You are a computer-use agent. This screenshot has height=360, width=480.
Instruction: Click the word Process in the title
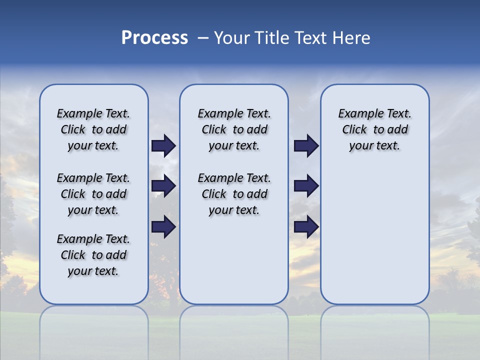click(154, 37)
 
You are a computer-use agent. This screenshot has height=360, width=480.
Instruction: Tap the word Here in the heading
click(352, 37)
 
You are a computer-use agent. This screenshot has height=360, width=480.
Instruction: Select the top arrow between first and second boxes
click(163, 145)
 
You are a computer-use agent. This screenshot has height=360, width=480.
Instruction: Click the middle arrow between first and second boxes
click(163, 186)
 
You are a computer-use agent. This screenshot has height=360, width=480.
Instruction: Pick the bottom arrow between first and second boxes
click(163, 227)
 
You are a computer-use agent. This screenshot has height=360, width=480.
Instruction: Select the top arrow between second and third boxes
click(306, 145)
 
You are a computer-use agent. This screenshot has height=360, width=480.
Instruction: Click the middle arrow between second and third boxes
click(306, 186)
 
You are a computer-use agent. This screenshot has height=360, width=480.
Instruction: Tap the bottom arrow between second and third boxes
click(306, 227)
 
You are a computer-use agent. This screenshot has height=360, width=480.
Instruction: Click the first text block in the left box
click(93, 129)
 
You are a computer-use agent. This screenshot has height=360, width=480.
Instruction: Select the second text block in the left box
click(93, 194)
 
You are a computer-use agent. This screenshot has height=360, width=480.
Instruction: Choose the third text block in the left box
click(93, 255)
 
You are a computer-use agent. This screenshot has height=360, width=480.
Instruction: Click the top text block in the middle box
click(234, 129)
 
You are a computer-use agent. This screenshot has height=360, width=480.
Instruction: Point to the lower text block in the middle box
click(234, 194)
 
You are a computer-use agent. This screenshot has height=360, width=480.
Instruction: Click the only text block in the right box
click(374, 129)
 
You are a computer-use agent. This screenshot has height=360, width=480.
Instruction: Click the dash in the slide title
click(203, 37)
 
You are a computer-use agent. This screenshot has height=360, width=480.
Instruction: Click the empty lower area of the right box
click(374, 235)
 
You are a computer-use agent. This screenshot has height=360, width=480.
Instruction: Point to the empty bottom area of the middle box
click(234, 265)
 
